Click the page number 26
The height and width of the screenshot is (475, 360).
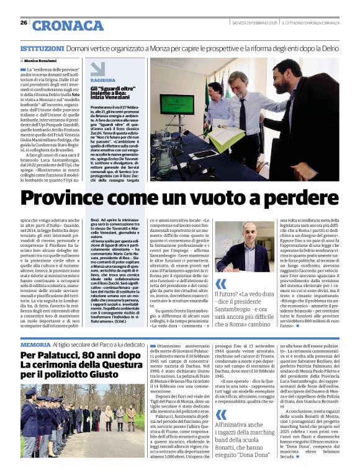tap(24, 23)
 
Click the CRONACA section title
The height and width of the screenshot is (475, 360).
tap(68, 26)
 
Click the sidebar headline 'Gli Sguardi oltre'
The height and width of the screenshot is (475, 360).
tap(113, 92)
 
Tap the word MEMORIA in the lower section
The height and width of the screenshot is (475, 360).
tap(35, 344)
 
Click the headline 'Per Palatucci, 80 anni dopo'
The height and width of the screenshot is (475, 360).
tap(81, 355)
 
